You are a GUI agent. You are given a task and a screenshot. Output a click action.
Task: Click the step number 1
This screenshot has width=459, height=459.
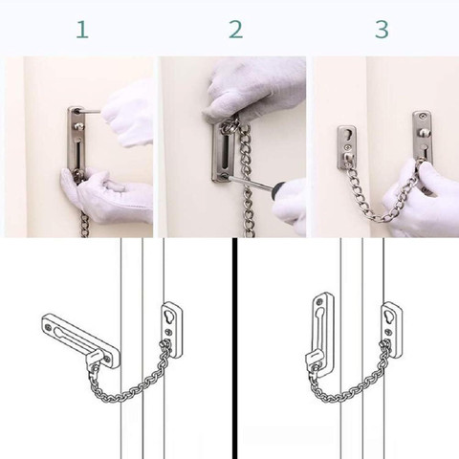coord(81,30)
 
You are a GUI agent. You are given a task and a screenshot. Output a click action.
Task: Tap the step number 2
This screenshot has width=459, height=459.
coord(235,30)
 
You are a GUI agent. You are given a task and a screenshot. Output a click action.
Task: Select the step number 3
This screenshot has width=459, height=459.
coord(382,30)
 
